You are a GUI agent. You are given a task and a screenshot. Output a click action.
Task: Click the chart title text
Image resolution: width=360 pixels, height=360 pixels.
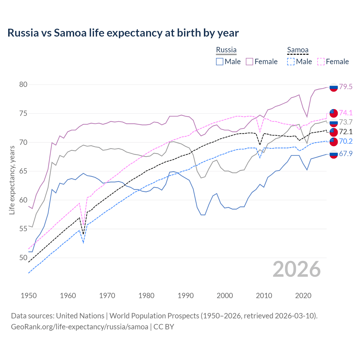(123, 33)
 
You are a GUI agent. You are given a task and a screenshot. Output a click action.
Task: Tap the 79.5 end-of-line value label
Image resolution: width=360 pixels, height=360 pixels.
(346, 87)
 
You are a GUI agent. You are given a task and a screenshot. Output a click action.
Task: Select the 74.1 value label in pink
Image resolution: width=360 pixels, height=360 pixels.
(346, 113)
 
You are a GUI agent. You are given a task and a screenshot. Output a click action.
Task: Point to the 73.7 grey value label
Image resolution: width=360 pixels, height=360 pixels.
(346, 122)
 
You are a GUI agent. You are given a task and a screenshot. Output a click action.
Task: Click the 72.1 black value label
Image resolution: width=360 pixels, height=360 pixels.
(346, 132)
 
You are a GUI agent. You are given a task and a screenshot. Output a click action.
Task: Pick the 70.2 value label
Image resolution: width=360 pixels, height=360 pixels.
(346, 141)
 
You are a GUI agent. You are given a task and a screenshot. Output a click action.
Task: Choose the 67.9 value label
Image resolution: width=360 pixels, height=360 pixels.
(346, 154)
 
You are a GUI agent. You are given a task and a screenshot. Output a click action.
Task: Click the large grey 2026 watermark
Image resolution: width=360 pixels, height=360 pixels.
(296, 269)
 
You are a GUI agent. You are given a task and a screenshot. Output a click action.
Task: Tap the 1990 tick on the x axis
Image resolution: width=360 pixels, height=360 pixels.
(186, 296)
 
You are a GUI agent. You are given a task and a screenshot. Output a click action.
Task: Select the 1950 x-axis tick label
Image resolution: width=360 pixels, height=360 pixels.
(29, 296)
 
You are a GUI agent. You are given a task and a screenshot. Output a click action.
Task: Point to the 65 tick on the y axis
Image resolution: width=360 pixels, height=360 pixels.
(23, 171)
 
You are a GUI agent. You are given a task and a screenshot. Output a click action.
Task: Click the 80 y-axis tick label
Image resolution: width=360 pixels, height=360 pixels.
(23, 85)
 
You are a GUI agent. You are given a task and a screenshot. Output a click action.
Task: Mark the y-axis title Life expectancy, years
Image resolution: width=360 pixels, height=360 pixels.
(12, 180)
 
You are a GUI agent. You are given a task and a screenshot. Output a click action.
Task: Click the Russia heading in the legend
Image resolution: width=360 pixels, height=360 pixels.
(226, 50)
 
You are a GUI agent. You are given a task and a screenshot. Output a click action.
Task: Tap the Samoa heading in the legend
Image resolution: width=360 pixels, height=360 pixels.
(298, 50)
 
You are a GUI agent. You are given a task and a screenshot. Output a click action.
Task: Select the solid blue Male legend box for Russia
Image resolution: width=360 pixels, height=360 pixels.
(220, 62)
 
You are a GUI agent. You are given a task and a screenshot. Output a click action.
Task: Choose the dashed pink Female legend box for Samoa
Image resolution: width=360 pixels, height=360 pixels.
(321, 62)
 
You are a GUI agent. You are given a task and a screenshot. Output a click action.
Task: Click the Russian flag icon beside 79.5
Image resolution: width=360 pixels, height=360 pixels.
(333, 87)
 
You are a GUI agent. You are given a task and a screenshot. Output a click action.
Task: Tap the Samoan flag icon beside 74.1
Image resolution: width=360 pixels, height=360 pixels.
(333, 113)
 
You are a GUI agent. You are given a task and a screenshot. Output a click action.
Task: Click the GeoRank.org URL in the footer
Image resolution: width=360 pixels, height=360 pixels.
(80, 327)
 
